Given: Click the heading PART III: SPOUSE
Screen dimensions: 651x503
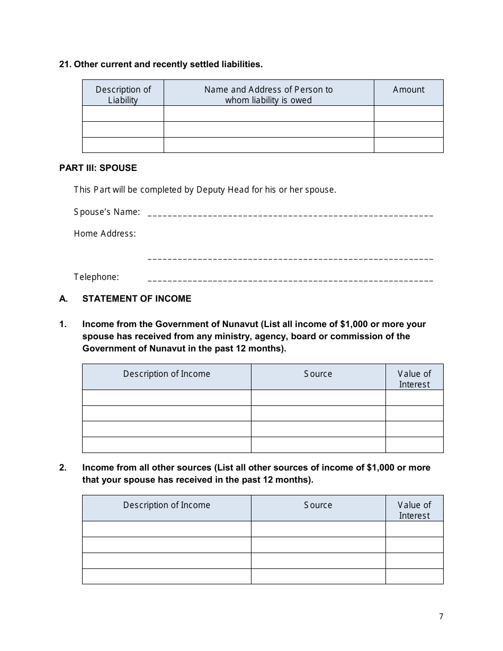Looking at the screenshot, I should (98, 168).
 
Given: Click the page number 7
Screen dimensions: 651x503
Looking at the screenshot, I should (441, 616).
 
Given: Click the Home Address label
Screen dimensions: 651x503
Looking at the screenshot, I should (105, 233).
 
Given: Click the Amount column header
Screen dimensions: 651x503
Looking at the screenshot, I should (408, 90).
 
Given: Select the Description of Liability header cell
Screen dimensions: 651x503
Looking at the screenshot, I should (123, 94).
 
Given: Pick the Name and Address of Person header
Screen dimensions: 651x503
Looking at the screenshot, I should (268, 94).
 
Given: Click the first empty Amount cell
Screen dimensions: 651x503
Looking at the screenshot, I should (408, 114).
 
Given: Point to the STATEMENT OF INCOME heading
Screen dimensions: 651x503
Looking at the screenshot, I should (137, 299).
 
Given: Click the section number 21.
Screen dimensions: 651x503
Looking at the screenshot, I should (65, 64).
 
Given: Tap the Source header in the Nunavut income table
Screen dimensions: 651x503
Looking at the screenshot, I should (318, 374).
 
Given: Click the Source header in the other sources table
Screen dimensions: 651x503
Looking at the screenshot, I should (318, 505).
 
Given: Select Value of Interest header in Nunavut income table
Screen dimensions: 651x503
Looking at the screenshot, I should (414, 379).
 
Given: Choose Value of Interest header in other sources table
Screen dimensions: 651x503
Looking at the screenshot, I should (414, 510).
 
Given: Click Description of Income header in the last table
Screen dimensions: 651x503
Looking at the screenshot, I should (166, 505).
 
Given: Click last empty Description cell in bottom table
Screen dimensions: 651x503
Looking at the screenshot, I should (166, 576).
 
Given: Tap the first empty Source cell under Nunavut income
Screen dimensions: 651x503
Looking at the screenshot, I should (318, 398).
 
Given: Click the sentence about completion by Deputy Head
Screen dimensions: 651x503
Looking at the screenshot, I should (205, 189).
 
